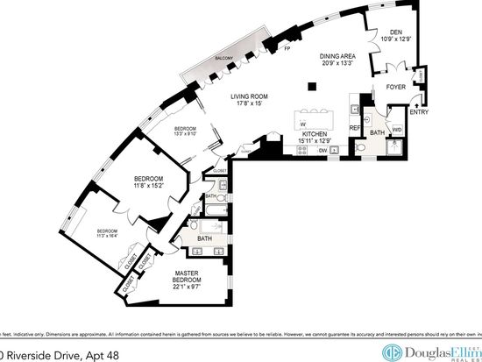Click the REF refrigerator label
point(355,128)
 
